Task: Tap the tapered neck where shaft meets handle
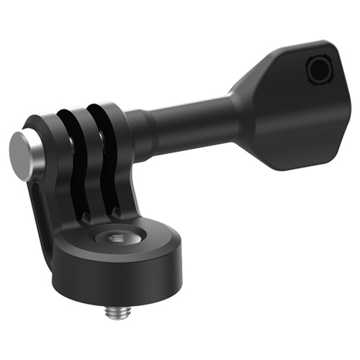pyautogui.click(x=241, y=108)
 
